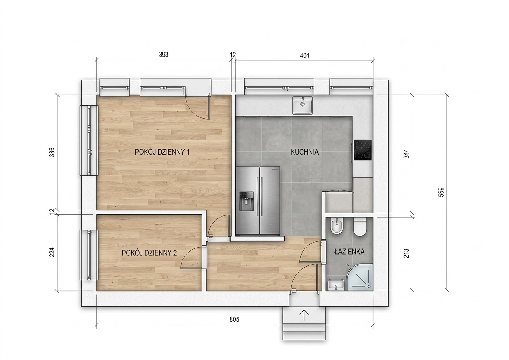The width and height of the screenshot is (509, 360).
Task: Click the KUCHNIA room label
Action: (x=304, y=152)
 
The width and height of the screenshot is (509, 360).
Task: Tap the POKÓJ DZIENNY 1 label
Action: (x=162, y=152)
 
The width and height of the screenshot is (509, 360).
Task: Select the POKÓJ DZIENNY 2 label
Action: (x=149, y=253)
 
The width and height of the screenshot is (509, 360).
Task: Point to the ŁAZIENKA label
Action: (x=349, y=251)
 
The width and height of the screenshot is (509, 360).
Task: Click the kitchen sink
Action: (x=302, y=105)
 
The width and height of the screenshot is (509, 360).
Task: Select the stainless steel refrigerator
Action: (x=258, y=201)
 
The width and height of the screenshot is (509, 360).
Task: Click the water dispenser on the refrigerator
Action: (x=246, y=201)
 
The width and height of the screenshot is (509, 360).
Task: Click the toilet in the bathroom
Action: (x=360, y=227)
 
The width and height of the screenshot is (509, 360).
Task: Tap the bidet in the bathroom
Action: (x=337, y=226)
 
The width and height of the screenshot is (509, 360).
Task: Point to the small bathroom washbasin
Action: (x=336, y=285)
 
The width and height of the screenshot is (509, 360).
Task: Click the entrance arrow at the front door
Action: (x=304, y=315)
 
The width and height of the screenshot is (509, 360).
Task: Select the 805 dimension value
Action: (x=234, y=319)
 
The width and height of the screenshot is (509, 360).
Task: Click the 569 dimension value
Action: (x=441, y=192)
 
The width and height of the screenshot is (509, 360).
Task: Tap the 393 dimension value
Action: (x=164, y=55)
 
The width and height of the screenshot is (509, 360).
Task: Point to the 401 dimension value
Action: (x=304, y=55)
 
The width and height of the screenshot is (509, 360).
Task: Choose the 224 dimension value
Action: (x=52, y=252)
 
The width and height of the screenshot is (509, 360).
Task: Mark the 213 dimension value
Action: (x=406, y=253)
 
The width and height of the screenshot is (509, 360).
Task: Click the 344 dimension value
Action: (x=406, y=154)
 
